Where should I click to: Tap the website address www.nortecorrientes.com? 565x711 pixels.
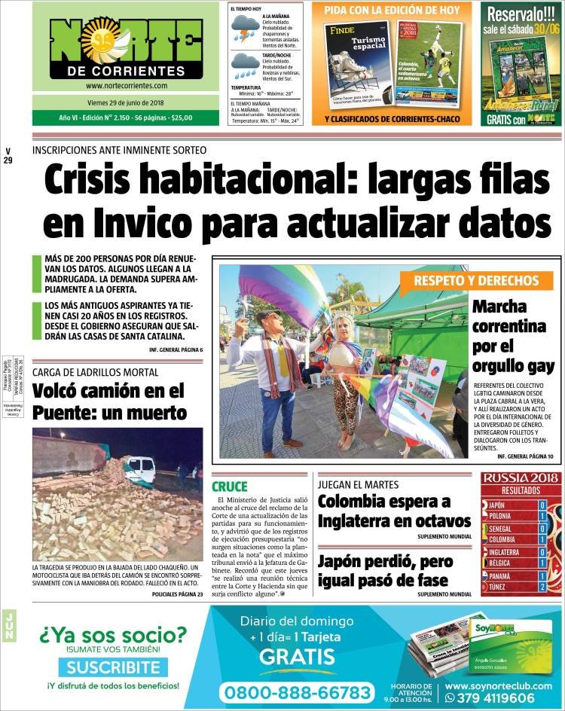click(127, 86)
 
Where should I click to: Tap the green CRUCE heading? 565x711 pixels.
click(229, 487)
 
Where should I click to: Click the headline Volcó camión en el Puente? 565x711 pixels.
click(109, 401)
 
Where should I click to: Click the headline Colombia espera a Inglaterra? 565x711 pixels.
click(394, 511)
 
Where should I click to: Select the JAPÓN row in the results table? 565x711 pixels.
click(520, 505)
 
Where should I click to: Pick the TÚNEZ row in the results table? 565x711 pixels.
click(520, 586)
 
